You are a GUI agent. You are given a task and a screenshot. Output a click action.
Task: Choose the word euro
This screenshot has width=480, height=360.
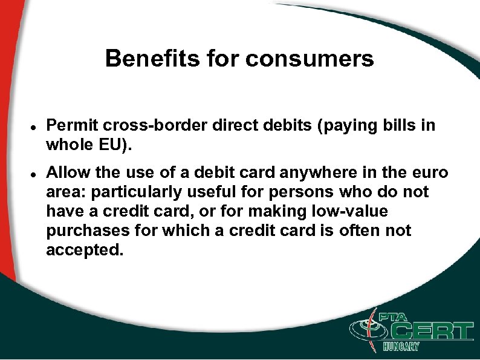[x=430, y=172]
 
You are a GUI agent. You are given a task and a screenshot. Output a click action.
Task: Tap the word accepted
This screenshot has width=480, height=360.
[x=84, y=250]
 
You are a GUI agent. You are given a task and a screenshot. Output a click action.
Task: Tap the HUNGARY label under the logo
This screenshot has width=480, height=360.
[x=401, y=347]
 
